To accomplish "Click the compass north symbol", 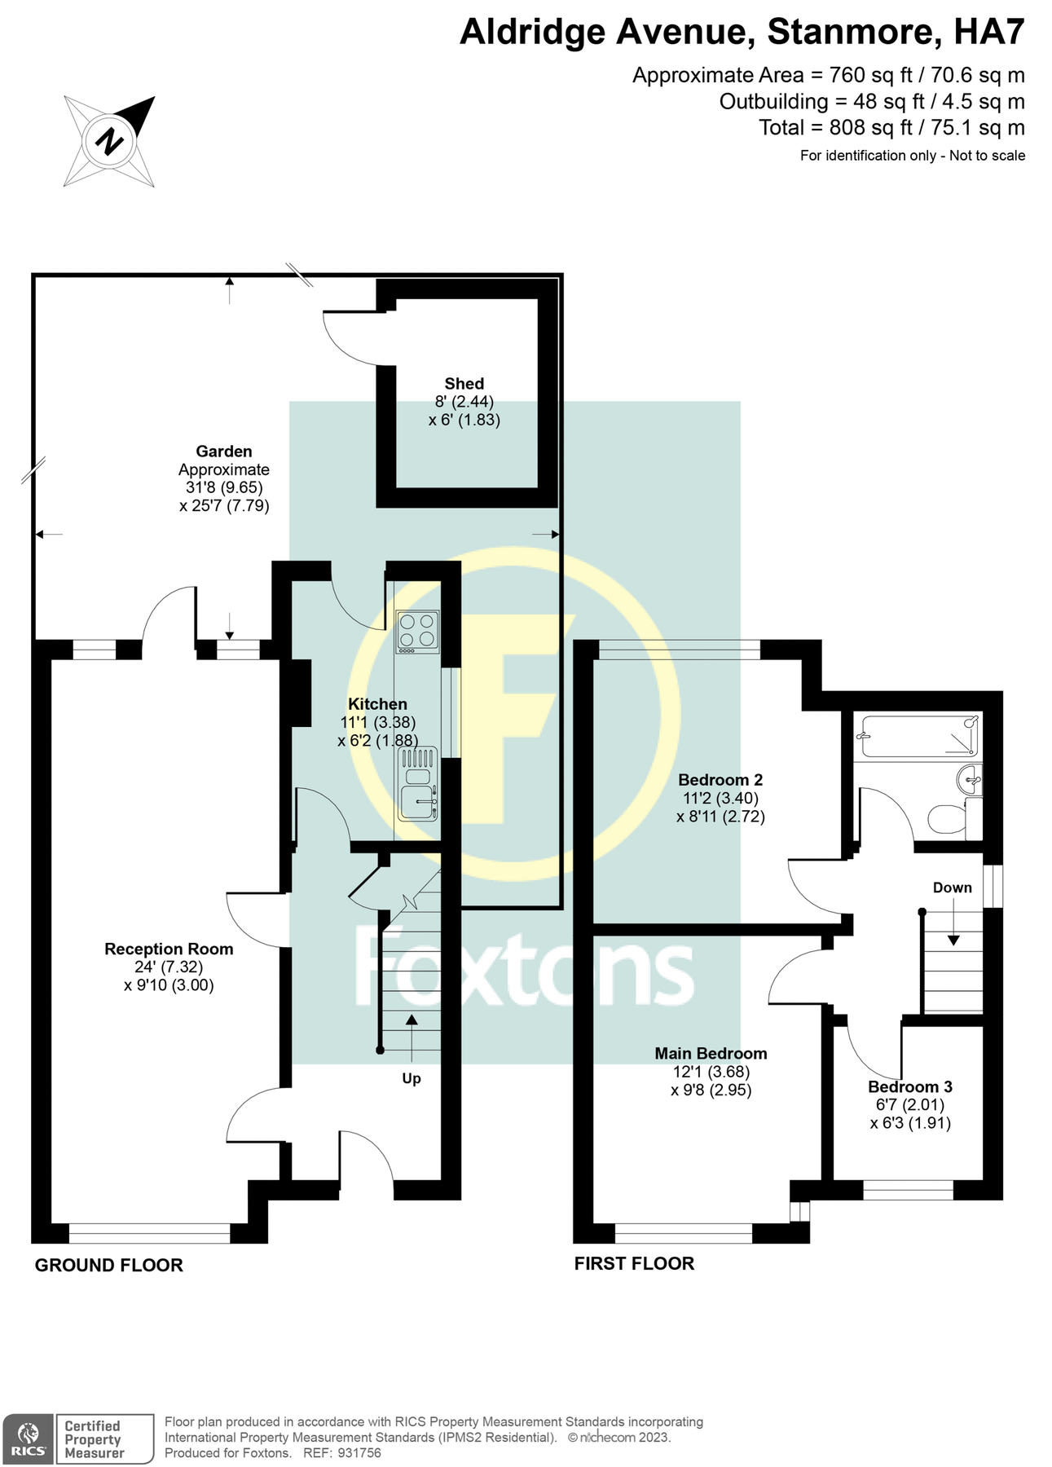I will coord(109,142).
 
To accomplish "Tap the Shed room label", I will coord(464,384).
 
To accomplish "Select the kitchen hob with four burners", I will coord(417,631).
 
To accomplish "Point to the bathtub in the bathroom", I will coord(917,735).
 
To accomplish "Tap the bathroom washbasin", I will coord(969,780).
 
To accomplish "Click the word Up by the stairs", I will coord(412,1079).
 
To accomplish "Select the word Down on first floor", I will coord(952,888).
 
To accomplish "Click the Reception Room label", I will coord(169,949).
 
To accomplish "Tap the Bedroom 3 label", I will coord(909,1087).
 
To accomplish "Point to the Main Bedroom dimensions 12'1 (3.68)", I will coord(711,1073).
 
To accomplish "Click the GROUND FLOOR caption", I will coord(108,1266).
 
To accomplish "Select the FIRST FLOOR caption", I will coord(634,1264).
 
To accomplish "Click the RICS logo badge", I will coord(29,1439).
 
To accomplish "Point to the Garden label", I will coord(223,452).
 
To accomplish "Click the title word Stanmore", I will coord(850,33).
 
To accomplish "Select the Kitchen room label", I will coord(377,704).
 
